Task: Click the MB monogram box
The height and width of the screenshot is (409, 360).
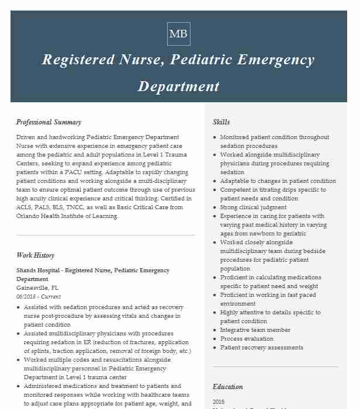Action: click(178, 34)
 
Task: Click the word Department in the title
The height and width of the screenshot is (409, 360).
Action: click(178, 86)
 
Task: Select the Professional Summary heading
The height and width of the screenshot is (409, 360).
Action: click(49, 122)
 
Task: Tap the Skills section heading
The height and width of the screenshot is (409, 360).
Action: click(221, 122)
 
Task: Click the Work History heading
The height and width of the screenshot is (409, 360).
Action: click(35, 255)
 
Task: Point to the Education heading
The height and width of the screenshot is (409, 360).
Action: click(227, 387)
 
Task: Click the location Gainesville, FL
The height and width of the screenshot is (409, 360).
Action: click(37, 288)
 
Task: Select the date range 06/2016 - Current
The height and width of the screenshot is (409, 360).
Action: click(39, 297)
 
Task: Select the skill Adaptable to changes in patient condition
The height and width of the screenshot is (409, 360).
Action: click(278, 181)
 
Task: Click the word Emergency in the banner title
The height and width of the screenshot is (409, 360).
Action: click(272, 60)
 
